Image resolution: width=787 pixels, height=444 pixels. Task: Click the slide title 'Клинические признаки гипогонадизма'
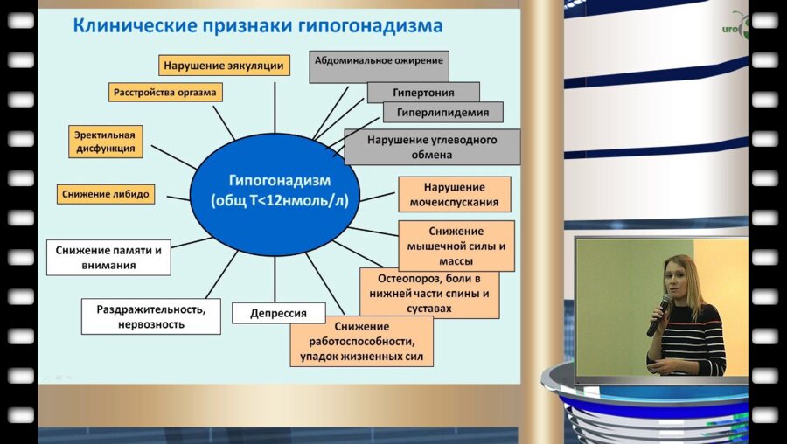[x=257, y=25]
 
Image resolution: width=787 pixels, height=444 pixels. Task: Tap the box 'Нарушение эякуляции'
[x=224, y=65]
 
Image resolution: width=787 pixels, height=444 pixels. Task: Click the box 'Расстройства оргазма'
[x=165, y=91]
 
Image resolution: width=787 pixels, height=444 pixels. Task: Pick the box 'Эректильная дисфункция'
[x=105, y=142]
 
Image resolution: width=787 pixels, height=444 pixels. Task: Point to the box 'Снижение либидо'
[x=106, y=193]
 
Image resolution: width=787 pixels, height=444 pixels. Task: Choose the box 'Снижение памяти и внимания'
[x=108, y=257]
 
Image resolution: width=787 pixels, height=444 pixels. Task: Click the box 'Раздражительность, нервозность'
[x=150, y=316]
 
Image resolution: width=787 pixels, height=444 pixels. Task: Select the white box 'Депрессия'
[x=277, y=313]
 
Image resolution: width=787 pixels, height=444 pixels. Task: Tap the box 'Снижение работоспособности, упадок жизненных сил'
[x=364, y=342]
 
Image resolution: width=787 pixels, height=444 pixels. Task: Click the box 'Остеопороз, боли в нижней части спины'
[x=429, y=293]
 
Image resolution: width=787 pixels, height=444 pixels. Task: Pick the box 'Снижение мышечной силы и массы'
[x=456, y=246]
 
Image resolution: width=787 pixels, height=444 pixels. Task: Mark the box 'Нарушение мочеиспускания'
[x=454, y=195]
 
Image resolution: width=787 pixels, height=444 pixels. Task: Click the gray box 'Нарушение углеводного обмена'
[x=432, y=147]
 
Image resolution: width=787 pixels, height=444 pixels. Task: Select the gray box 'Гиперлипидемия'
[x=442, y=113]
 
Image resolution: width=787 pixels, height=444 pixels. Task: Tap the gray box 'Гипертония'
[x=423, y=92]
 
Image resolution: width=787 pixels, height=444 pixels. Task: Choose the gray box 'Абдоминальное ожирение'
[x=379, y=61]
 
